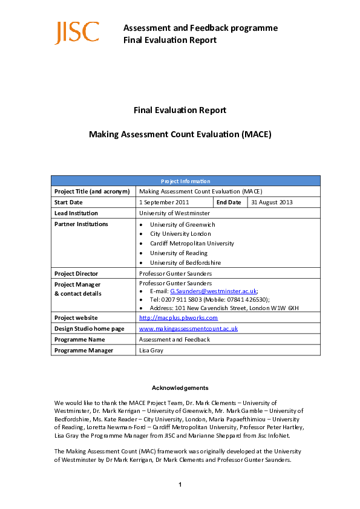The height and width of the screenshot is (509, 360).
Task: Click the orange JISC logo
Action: coord(77,33)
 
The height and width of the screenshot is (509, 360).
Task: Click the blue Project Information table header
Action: coord(185,181)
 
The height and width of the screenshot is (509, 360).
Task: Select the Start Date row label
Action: coord(68,202)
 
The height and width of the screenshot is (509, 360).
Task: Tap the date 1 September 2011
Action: coord(164,202)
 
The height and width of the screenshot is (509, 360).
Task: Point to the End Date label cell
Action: coord(229,202)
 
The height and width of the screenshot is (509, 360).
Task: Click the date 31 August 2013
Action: coord(272,202)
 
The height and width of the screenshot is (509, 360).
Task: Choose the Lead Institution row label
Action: coord(76,213)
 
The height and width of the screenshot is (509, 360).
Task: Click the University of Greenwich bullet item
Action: coord(182,225)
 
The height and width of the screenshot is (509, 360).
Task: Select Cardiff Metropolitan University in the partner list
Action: coord(192,244)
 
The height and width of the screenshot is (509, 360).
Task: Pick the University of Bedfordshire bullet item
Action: coord(185,263)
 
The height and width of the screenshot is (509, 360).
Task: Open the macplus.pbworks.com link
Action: coord(178,317)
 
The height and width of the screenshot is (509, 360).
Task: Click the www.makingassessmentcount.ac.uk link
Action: coord(188,328)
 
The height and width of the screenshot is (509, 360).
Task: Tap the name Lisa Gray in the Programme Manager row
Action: coord(151,350)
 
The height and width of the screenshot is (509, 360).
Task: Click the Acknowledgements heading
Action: coord(180,387)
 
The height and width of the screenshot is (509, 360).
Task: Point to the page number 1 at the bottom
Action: coord(180,484)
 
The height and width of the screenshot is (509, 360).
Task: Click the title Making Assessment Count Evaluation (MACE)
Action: coord(180,134)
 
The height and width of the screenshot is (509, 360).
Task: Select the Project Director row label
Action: coord(76,273)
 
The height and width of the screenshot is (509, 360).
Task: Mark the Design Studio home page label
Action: coord(89,328)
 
